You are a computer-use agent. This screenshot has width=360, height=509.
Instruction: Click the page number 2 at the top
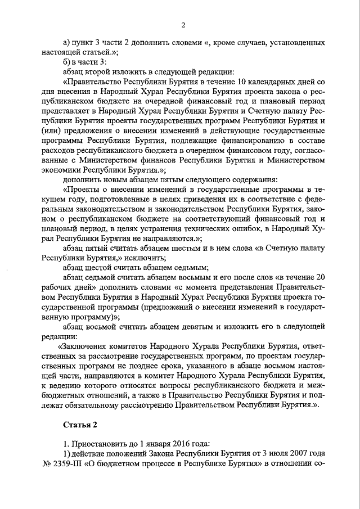tap(183, 24)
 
